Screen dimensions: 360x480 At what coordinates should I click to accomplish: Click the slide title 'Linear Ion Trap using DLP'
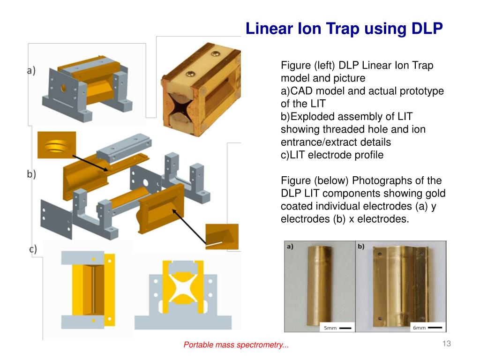[x=344, y=29]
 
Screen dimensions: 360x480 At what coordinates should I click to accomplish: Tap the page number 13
[x=446, y=344]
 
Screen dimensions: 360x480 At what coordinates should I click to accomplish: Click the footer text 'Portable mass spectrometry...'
[x=236, y=345]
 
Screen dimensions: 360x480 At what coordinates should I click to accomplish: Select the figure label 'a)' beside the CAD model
[x=31, y=71]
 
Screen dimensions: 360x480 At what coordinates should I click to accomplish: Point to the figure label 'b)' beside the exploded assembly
[x=31, y=174]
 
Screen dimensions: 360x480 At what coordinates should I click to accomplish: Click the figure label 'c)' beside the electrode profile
[x=33, y=249]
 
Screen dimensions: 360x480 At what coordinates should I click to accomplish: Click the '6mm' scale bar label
[x=419, y=328]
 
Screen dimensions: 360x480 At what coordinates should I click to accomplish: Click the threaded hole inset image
[x=56, y=145]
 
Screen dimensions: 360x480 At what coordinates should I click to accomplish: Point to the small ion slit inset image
[x=222, y=237]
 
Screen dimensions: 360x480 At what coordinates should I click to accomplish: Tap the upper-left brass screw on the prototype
[x=191, y=74]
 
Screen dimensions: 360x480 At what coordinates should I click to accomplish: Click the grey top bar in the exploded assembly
[x=124, y=147]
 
